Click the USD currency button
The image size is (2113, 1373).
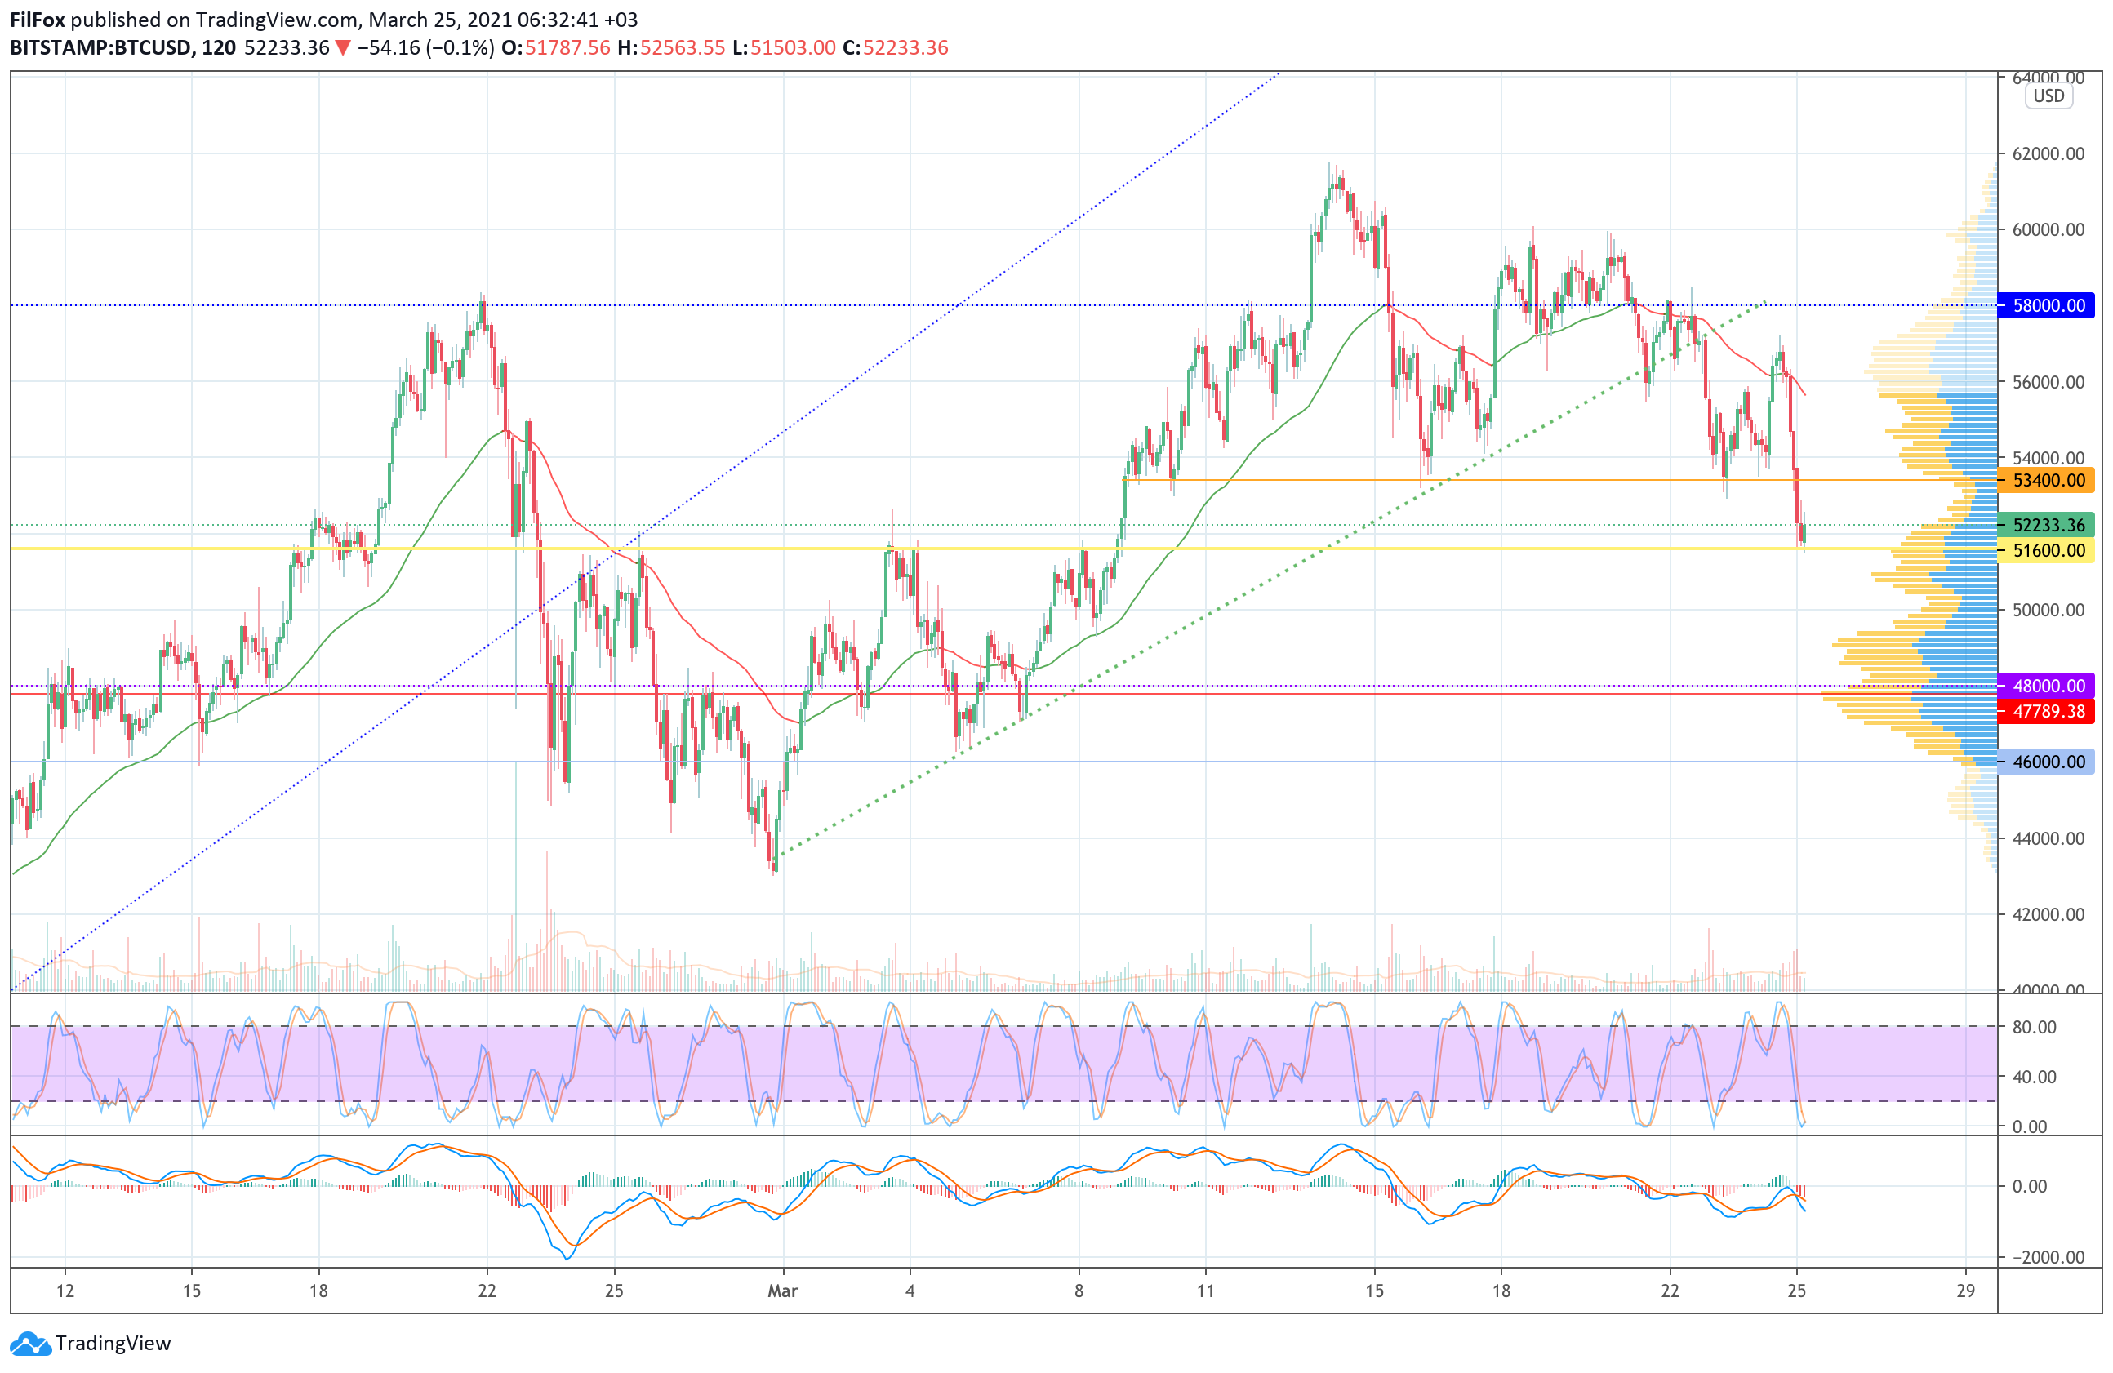[2048, 96]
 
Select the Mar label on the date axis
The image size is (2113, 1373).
[782, 1291]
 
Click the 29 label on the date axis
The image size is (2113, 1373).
[1965, 1291]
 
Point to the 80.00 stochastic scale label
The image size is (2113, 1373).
[2034, 1027]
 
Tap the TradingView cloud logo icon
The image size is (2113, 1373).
[31, 1344]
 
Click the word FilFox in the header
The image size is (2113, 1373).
[38, 20]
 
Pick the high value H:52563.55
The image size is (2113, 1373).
[671, 48]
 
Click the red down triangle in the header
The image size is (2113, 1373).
[343, 48]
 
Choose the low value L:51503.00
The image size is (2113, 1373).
[784, 48]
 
